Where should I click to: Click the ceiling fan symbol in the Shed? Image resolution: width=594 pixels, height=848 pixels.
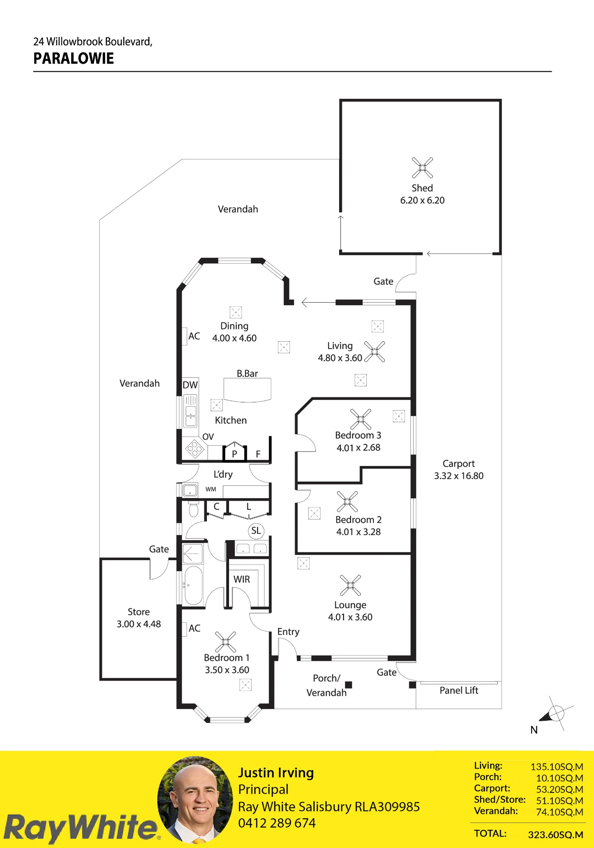[422, 167]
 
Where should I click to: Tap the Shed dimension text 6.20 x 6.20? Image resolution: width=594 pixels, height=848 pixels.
[422, 201]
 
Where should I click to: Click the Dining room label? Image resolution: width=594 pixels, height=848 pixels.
[234, 326]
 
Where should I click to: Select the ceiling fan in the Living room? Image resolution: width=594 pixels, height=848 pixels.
[375, 351]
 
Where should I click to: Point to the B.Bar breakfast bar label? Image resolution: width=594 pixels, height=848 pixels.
[247, 374]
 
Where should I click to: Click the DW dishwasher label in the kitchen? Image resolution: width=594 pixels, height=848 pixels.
[190, 385]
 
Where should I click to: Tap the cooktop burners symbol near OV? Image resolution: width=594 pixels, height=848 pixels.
[195, 449]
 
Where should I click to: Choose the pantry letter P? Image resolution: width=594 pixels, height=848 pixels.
[234, 454]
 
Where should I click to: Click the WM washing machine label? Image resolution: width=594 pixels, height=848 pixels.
[211, 489]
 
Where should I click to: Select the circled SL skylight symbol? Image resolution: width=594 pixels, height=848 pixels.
[256, 531]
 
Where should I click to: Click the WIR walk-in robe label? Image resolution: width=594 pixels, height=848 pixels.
[242, 580]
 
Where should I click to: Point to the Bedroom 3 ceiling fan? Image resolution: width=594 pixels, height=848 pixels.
[361, 419]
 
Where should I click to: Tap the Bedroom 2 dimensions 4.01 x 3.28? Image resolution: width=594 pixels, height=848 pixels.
[359, 532]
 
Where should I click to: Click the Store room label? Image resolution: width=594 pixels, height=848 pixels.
[139, 612]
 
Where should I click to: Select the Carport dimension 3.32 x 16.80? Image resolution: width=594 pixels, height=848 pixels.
[459, 476]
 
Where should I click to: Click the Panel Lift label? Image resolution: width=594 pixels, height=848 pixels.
[459, 691]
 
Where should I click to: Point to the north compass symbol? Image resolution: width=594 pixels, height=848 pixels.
[556, 714]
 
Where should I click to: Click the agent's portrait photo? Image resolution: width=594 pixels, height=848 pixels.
[195, 800]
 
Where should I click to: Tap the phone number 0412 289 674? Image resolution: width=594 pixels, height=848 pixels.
[277, 823]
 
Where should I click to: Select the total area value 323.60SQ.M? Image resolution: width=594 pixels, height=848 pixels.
[555, 835]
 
